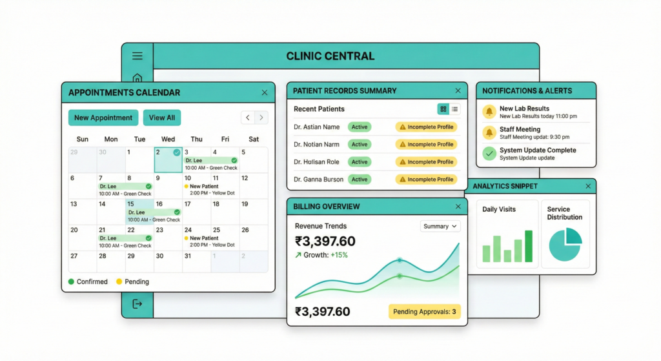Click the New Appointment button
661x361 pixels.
pyautogui.click(x=103, y=118)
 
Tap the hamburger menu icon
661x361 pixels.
pyautogui.click(x=137, y=56)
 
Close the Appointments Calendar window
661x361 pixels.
pyautogui.click(x=264, y=93)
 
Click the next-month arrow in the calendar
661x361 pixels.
pyautogui.click(x=261, y=118)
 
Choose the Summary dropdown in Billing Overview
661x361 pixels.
pyautogui.click(x=440, y=226)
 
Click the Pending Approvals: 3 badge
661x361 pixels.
pyautogui.click(x=424, y=312)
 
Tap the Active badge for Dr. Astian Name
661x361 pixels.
pyautogui.click(x=360, y=127)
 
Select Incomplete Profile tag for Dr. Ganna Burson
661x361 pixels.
pyautogui.click(x=426, y=179)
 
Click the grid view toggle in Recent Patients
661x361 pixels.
pyautogui.click(x=443, y=109)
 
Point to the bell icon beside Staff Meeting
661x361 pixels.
pyautogui.click(x=490, y=132)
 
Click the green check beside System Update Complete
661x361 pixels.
pyautogui.click(x=490, y=153)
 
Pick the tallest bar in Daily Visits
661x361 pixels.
pyautogui.click(x=529, y=246)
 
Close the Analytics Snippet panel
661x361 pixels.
pyautogui.click(x=587, y=186)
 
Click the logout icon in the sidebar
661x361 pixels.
pyautogui.click(x=137, y=304)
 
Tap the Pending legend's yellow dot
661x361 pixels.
pyautogui.click(x=119, y=282)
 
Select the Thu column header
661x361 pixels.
pyautogui.click(x=196, y=139)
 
